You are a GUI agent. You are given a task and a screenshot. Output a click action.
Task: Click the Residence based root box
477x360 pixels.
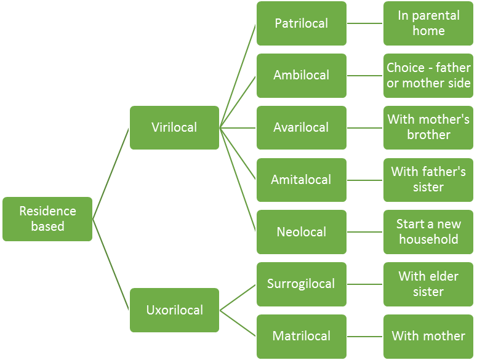tap(47, 218)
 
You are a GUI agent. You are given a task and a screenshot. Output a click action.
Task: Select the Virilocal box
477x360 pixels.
tap(174, 127)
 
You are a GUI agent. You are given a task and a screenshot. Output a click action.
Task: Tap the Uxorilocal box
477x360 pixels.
tap(174, 310)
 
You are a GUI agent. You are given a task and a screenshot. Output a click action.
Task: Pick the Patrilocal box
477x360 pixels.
tap(302, 23)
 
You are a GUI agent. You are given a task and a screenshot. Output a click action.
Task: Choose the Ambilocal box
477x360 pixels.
tap(302, 75)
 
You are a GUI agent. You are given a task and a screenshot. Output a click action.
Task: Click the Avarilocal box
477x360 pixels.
tap(302, 127)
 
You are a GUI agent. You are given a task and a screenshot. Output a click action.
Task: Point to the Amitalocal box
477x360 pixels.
tap(302, 180)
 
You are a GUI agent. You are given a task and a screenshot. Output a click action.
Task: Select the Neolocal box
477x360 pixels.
tap(302, 232)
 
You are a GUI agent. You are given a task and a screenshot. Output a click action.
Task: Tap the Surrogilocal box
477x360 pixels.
tap(302, 284)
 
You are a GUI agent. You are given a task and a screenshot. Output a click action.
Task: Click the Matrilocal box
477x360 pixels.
tap(302, 336)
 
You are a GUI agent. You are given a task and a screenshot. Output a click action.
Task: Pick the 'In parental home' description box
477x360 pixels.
tap(428, 23)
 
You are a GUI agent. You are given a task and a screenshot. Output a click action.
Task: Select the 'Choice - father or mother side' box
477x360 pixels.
tap(428, 75)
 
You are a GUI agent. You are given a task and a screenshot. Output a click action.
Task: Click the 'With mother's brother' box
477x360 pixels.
tap(428, 127)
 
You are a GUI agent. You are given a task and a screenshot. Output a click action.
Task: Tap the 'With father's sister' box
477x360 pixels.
tap(428, 180)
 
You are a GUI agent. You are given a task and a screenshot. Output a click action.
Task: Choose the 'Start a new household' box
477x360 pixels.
tap(428, 232)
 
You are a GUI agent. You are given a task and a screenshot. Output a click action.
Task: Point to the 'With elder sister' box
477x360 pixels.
tap(428, 284)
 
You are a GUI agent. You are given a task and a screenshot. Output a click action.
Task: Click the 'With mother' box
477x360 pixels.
tap(428, 336)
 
